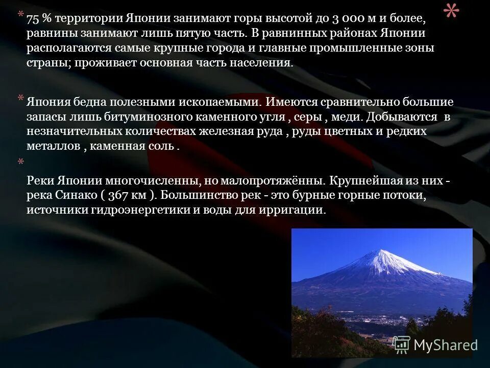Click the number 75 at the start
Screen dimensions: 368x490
[x=32, y=19]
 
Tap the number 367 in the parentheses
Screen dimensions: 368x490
[x=118, y=196]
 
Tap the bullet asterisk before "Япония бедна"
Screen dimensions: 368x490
[x=21, y=98]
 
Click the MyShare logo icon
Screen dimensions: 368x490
[x=402, y=346]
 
